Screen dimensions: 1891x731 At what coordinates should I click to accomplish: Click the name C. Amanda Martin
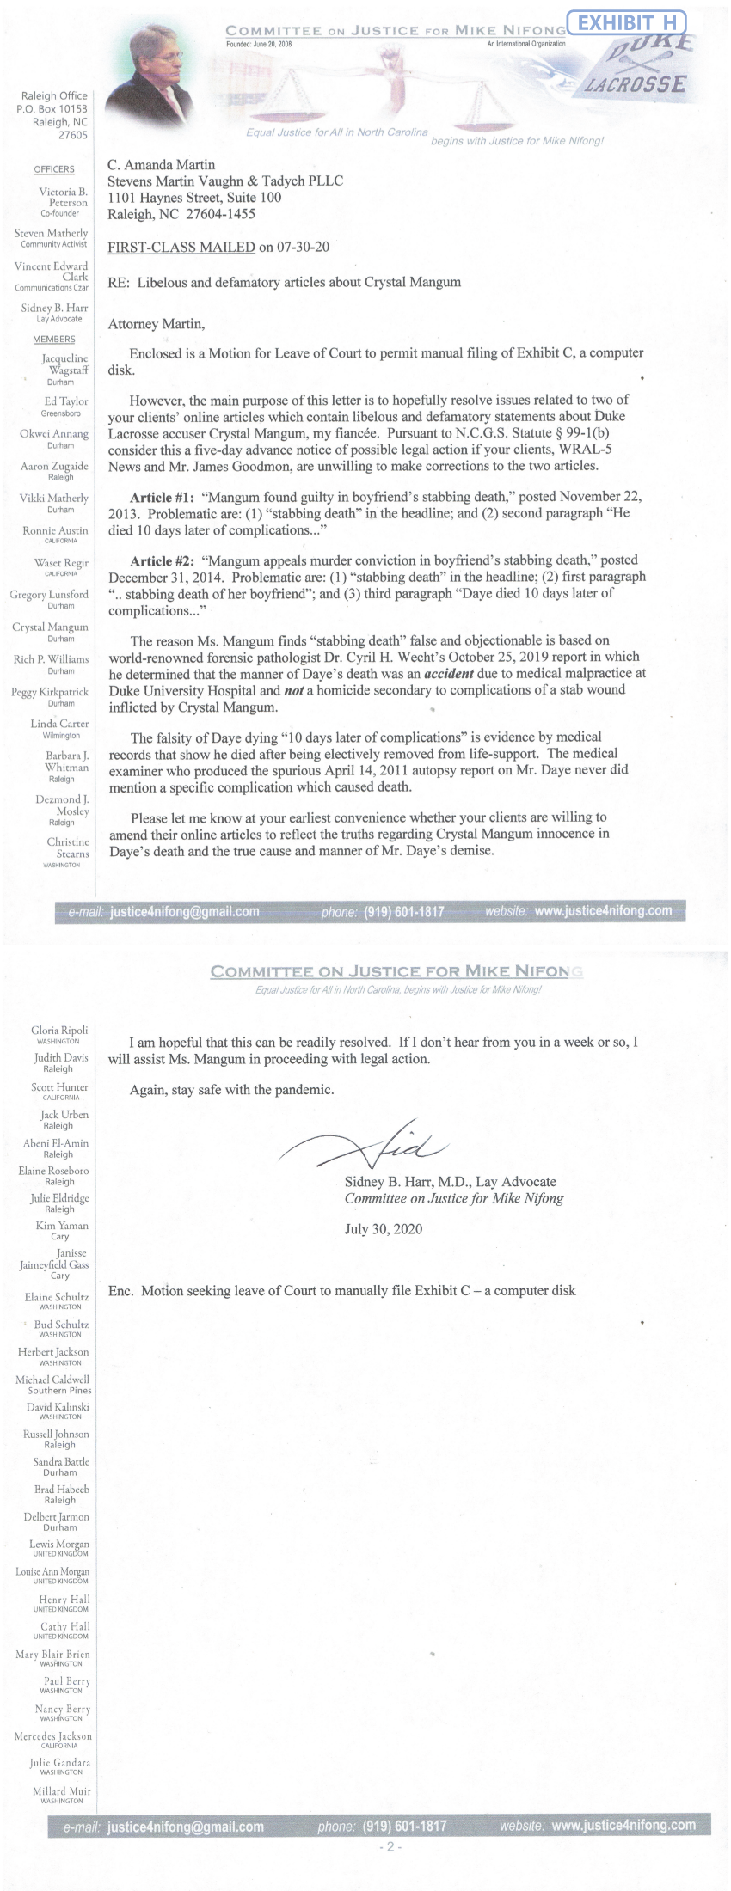point(161,165)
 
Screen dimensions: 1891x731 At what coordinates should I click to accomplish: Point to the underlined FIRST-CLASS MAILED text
point(181,248)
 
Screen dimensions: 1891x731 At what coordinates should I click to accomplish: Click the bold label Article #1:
point(162,497)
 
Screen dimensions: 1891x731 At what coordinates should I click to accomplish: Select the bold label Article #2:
point(162,560)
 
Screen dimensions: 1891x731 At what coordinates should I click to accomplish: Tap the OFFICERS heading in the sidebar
point(53,169)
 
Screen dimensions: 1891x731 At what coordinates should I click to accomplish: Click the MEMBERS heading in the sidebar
point(53,340)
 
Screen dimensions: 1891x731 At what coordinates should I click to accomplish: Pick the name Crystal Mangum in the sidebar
point(50,627)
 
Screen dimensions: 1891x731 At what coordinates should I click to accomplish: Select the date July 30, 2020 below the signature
point(384,1228)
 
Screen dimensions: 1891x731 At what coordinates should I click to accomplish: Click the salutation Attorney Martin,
point(157,324)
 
